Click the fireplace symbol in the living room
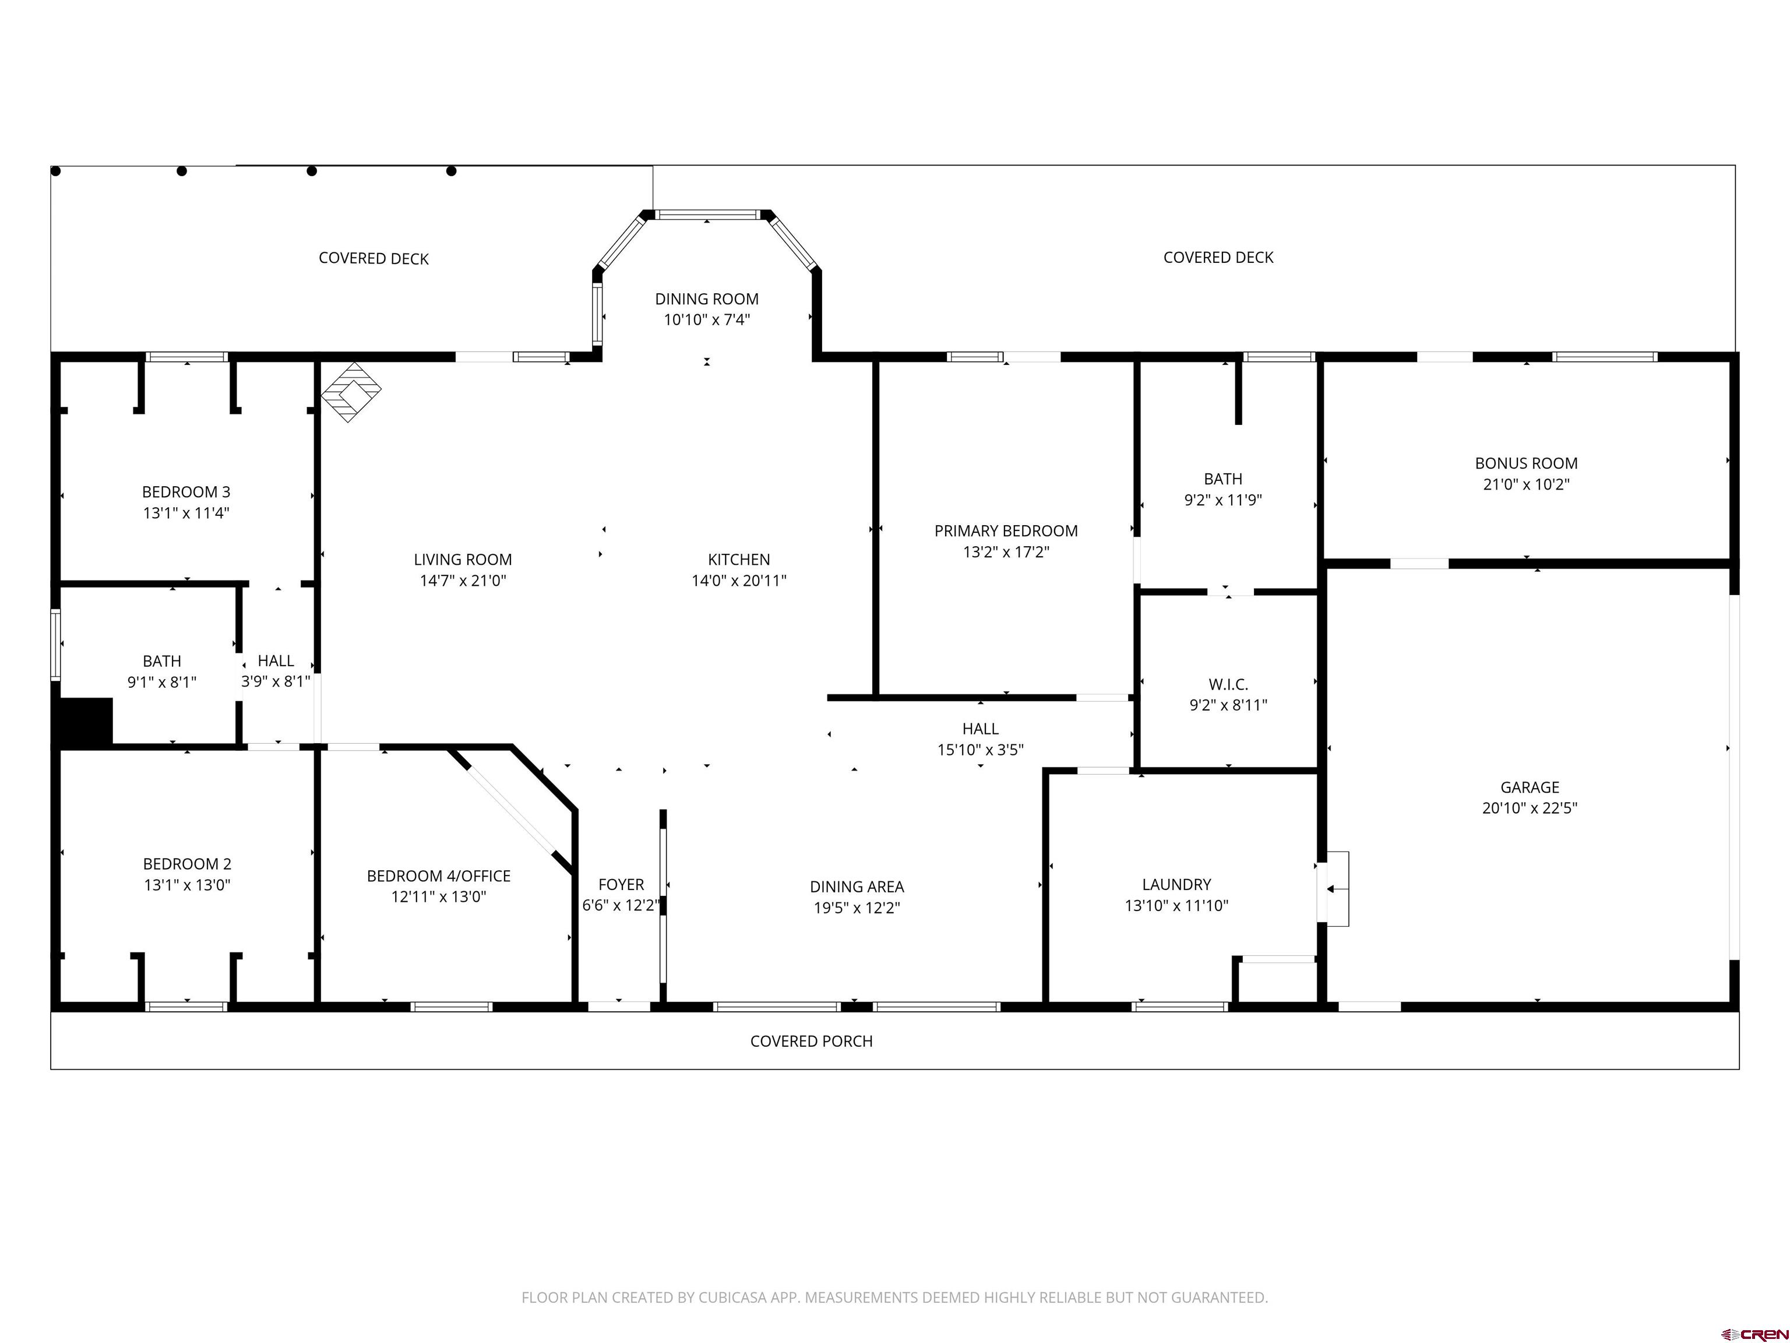351,392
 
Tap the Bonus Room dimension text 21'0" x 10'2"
1525,484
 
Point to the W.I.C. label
1228,685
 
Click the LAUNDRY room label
1176,885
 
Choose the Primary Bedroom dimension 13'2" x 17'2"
1005,552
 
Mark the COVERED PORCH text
811,1041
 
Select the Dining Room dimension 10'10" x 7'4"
706,320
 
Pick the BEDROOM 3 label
186,492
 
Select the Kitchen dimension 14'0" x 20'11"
738,581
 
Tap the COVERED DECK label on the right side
1218,258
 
